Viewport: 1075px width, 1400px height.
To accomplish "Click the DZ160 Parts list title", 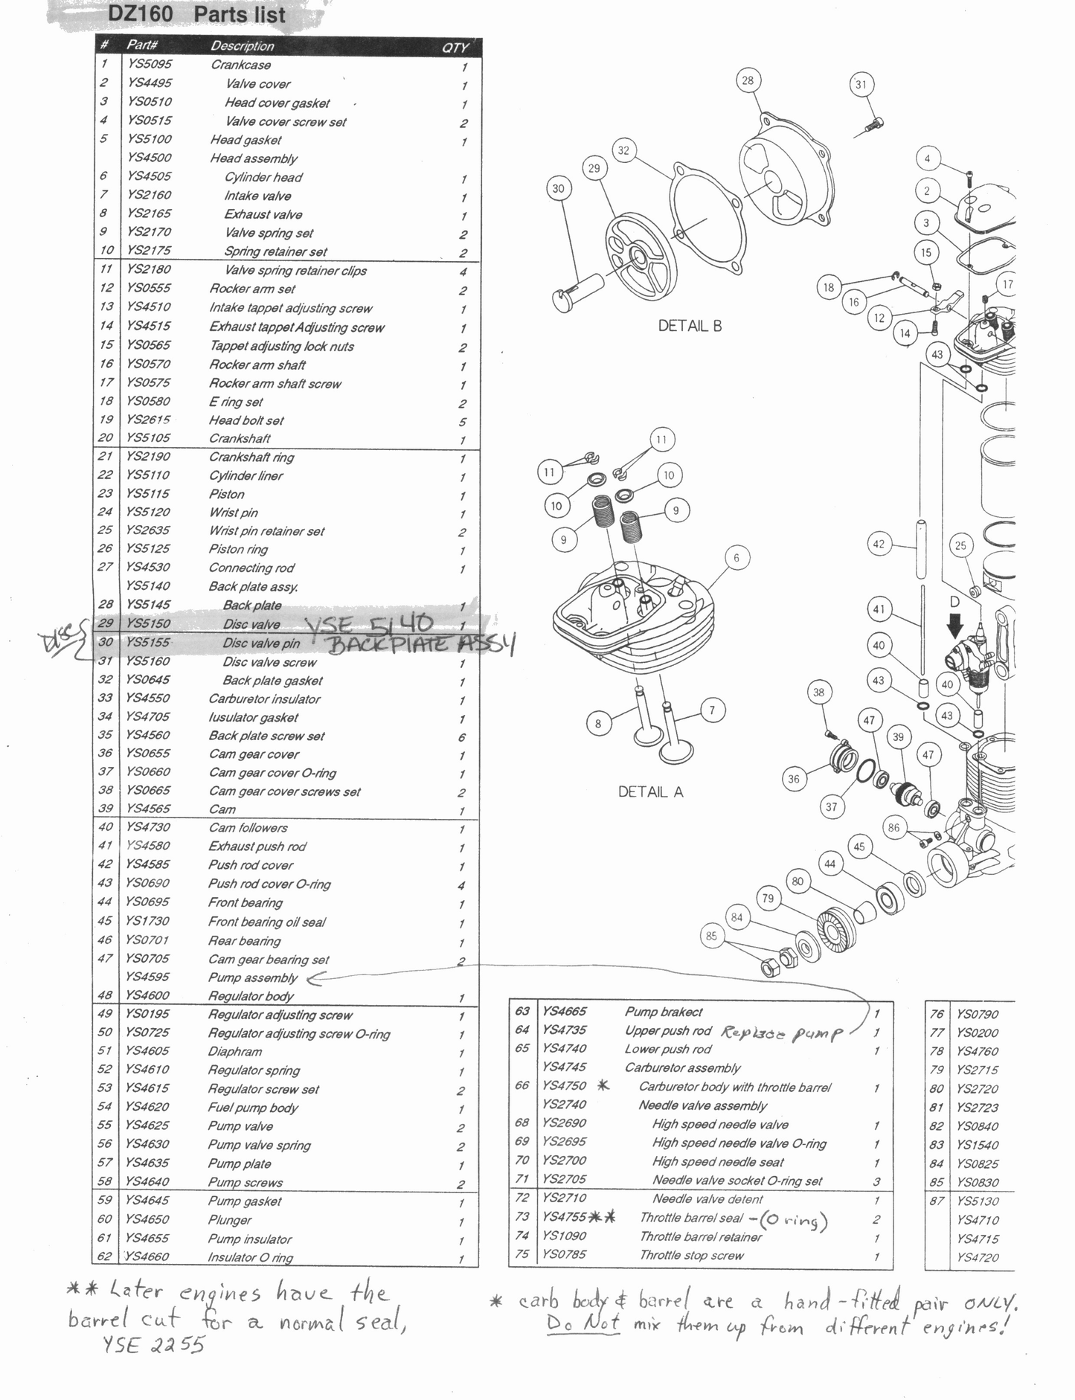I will pos(196,14).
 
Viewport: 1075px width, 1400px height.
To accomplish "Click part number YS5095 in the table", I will pos(150,64).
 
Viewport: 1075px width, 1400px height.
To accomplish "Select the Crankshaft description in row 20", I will pos(240,438).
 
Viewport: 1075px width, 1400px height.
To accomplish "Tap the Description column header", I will pos(243,46).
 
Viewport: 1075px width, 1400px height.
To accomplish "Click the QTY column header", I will pos(455,48).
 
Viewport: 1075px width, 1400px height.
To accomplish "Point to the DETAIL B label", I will pos(690,326).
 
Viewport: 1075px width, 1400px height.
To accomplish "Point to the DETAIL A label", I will pos(650,791).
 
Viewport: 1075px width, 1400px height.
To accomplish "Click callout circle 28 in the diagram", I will pos(748,80).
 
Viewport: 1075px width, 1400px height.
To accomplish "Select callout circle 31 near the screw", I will pos(861,85).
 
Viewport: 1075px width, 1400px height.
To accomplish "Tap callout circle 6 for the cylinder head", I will pos(737,558).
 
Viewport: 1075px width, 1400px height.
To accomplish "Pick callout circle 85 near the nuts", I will pos(712,936).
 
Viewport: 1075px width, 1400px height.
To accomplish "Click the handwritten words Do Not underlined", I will pos(583,1324).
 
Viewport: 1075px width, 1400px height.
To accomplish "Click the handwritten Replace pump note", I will pos(782,1033).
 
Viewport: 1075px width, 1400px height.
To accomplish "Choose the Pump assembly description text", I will pos(252,977).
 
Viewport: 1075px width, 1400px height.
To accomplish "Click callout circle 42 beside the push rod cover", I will pos(879,544).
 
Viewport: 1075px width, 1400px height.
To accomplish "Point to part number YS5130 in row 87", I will pos(978,1201).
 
